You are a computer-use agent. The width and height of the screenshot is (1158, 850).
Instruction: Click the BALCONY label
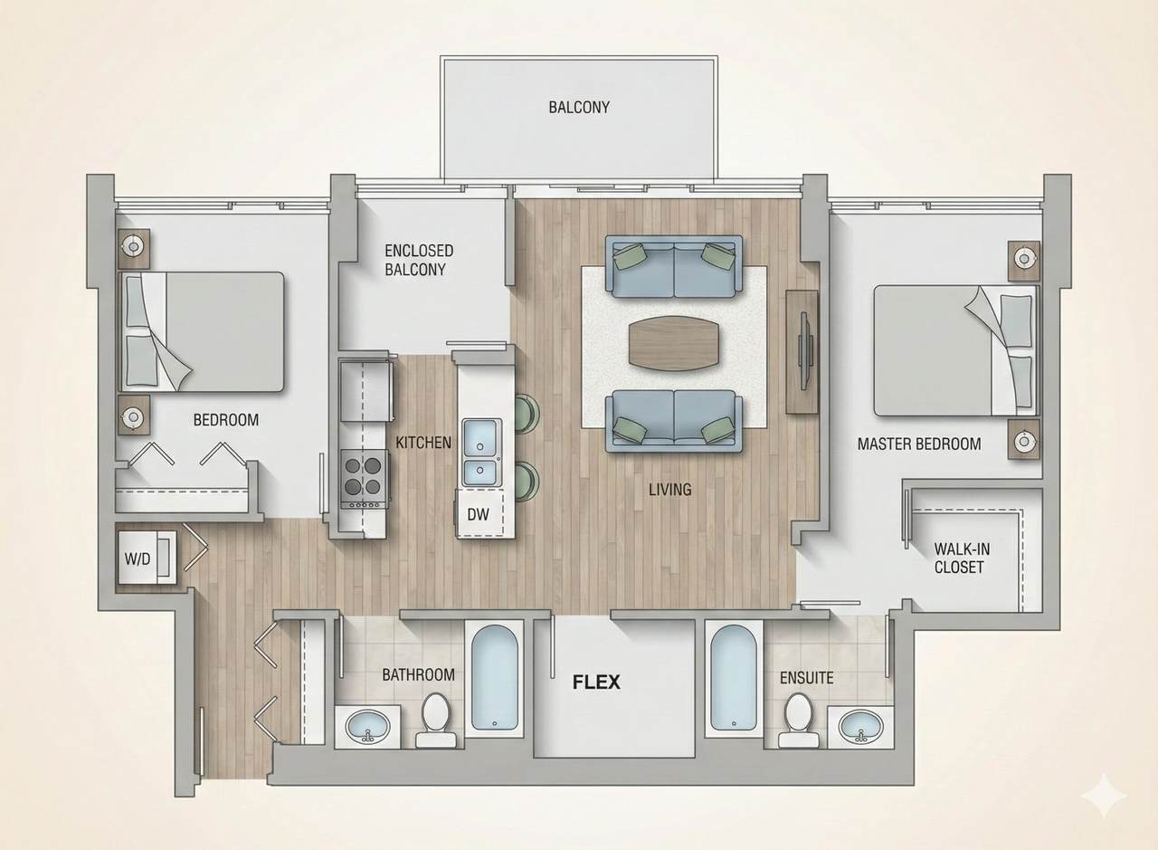pos(579,107)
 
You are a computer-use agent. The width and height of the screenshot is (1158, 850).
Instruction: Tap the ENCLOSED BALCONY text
pos(419,260)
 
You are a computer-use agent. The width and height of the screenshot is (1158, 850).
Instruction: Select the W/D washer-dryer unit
pos(138,558)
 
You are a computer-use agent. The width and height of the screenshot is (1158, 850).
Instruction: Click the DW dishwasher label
pos(478,514)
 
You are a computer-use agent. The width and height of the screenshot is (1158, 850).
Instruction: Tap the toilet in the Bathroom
pos(436,719)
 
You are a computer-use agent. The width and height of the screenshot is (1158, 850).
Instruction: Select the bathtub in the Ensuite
pos(732,677)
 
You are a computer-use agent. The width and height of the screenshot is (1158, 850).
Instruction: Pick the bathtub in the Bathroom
pos(494,677)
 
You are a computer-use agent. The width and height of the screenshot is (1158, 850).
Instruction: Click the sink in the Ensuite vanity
pos(860,725)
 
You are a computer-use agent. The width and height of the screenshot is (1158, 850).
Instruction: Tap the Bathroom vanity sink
pos(367,726)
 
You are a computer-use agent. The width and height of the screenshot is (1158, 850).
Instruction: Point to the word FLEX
pos(596,682)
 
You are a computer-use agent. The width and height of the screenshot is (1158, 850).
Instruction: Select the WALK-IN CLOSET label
pos(959,558)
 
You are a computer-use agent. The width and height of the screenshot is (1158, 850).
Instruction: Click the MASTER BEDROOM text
pos(918,444)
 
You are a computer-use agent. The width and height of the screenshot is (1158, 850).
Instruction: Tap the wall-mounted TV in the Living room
pos(803,350)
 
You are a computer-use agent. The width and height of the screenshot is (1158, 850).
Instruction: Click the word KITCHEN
pos(423,443)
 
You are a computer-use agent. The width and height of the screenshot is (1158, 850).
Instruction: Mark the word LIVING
pos(669,490)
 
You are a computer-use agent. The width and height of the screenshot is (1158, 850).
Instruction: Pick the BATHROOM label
pos(418,674)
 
